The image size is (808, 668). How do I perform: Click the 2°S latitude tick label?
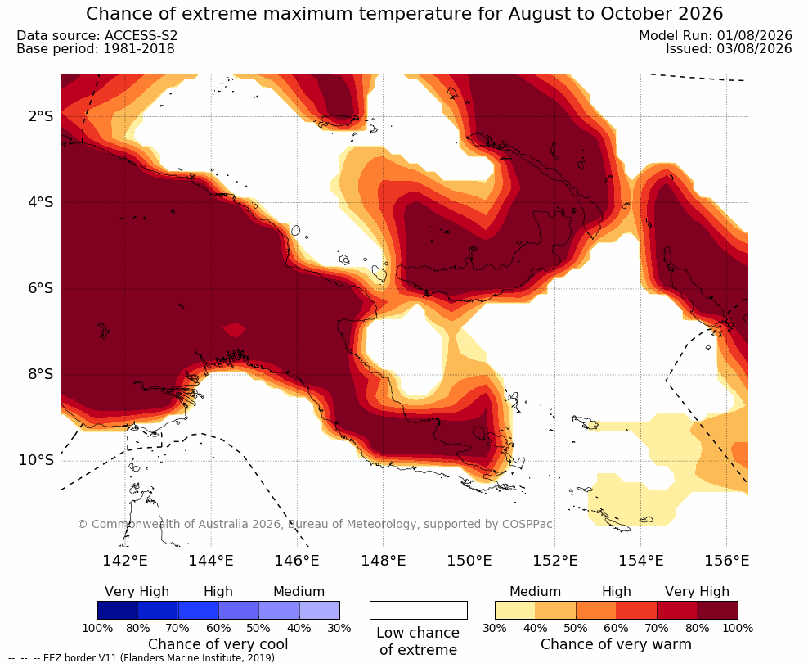coord(41,116)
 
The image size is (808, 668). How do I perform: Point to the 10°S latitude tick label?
coord(36,460)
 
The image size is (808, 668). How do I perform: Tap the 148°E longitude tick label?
coord(384,560)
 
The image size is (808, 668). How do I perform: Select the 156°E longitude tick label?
coord(726,560)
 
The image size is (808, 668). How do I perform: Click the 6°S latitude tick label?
coord(41,288)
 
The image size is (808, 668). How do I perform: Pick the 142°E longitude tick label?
coord(125,560)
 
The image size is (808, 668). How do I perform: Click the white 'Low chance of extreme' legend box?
coord(419,610)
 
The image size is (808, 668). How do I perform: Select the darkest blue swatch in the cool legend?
coord(118,610)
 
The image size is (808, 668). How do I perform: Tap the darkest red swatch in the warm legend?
coord(718,610)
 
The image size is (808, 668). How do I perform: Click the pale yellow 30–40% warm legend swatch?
coord(515,610)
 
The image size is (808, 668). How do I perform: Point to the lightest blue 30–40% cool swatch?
coord(320,610)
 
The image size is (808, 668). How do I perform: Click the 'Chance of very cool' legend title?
coord(218,644)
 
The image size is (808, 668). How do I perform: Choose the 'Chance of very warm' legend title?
coord(616,644)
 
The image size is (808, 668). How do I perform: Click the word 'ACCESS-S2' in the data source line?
coord(141,35)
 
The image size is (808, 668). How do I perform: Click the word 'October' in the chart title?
coord(635,13)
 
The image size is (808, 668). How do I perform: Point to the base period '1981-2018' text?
coord(138,49)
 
